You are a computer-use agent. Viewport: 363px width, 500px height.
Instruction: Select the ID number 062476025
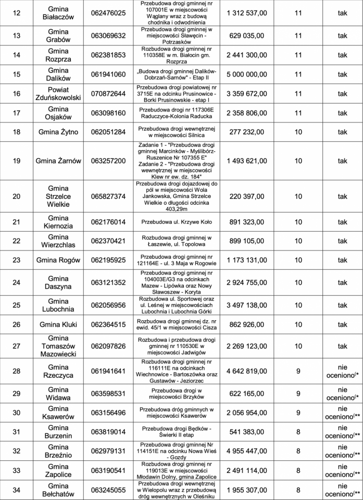coord(108,13)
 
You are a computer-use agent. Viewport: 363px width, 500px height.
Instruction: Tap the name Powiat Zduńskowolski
coord(58,94)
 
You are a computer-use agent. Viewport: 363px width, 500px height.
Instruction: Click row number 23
coord(16,260)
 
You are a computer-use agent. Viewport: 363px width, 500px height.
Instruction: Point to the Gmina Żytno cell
coord(58,132)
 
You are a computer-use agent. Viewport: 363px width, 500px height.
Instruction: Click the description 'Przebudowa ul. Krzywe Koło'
coord(177,222)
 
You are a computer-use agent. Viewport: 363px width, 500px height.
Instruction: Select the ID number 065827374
coord(108,196)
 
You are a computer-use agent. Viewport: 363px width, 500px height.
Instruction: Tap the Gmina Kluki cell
coord(58,324)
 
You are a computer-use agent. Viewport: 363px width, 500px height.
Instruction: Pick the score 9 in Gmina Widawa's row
coord(298,394)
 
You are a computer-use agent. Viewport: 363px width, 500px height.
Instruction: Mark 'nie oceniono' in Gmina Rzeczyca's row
coord(342,371)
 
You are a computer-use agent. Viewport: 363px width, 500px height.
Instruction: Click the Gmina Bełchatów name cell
coord(58,490)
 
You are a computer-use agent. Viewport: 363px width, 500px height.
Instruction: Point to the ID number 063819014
coord(108,432)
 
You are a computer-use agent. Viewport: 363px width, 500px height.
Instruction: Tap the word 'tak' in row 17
coord(342,113)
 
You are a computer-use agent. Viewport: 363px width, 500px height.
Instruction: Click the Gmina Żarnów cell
coord(58,161)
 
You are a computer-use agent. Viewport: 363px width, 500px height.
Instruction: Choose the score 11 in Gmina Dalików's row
coord(298,74)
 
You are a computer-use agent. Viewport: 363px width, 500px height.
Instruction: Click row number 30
coord(16,413)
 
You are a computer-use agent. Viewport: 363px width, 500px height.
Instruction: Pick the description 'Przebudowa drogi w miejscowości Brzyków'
coord(177,394)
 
